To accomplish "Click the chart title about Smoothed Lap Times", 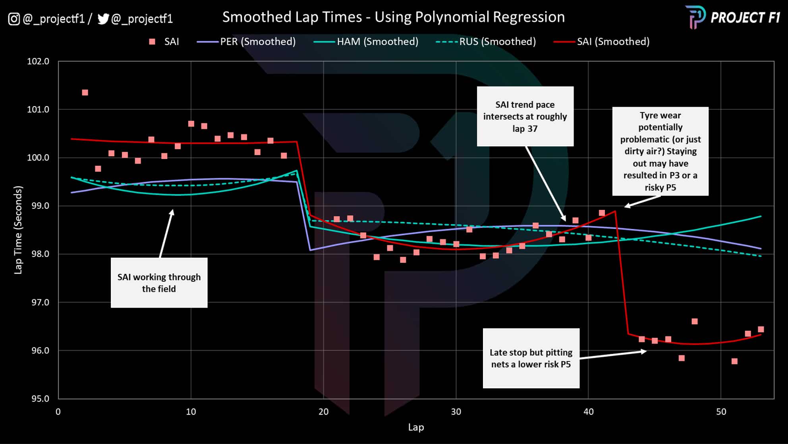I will click(393, 17).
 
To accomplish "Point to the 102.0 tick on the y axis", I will click(38, 61).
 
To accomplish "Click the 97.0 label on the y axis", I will click(40, 302).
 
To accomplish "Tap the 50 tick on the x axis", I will click(721, 411).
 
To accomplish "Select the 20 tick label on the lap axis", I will click(323, 411).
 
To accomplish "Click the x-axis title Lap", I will click(416, 427).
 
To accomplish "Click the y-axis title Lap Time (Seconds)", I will click(18, 230).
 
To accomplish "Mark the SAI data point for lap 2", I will click(85, 93).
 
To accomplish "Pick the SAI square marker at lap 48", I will click(695, 322).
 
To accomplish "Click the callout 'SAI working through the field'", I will click(159, 283).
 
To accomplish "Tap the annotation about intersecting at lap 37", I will click(525, 116).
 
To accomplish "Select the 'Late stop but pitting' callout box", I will click(531, 358).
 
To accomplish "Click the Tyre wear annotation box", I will click(660, 151).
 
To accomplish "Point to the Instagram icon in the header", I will click(14, 19).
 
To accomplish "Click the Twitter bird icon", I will click(103, 19).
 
